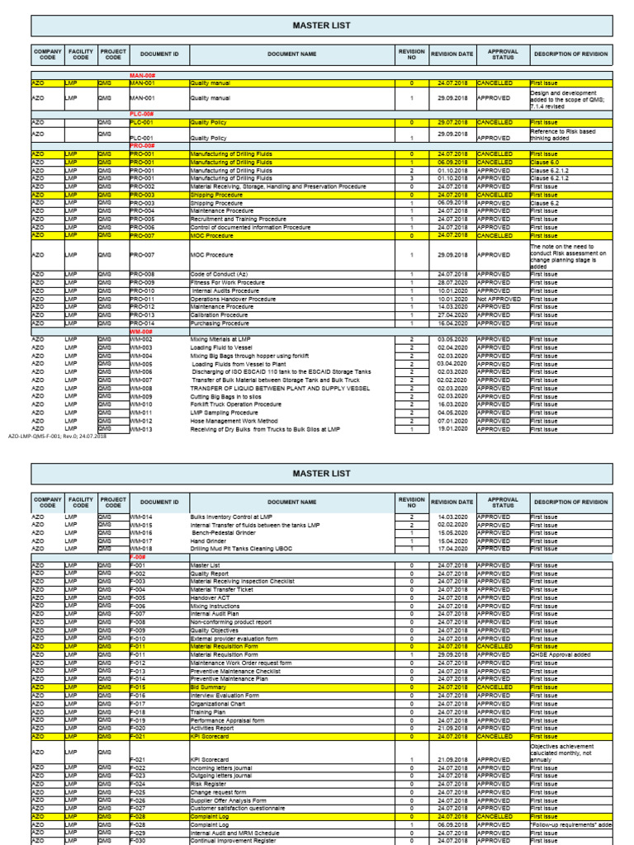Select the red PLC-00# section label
coord(141,115)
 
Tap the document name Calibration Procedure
coord(220,314)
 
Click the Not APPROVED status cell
coord(499,299)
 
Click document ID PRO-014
coord(142,323)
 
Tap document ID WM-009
coord(141,396)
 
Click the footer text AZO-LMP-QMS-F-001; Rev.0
coord(58,436)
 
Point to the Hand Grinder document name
coord(209,541)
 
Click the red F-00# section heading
coord(138,557)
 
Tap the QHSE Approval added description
coord(560,655)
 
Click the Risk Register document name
coord(211,784)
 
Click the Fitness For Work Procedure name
coord(228,282)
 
